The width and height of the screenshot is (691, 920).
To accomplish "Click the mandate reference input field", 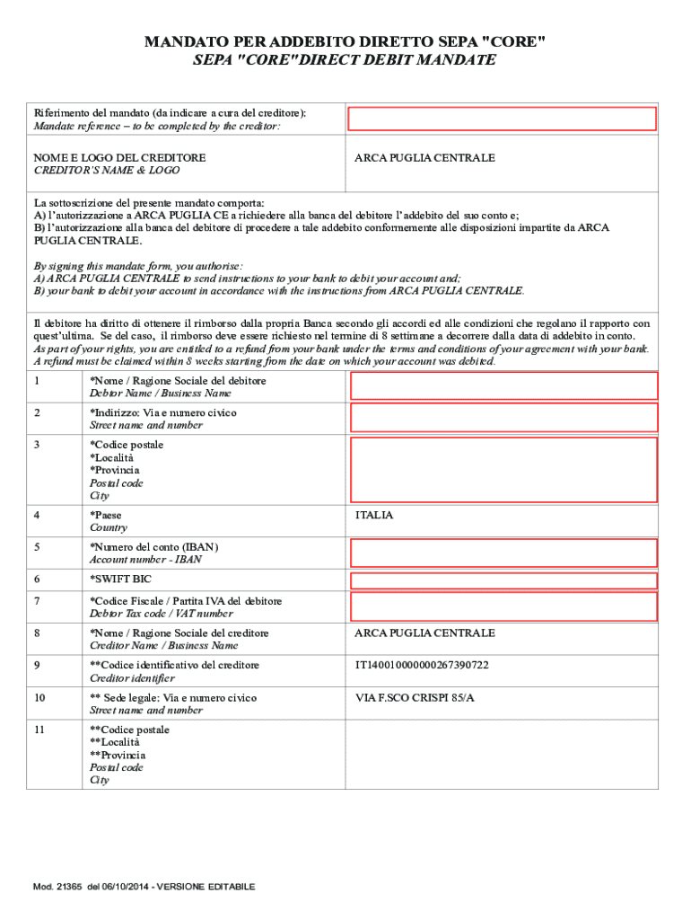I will tap(503, 119).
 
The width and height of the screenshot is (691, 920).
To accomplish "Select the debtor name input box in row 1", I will tap(503, 386).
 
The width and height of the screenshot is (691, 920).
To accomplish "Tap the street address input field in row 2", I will tap(503, 418).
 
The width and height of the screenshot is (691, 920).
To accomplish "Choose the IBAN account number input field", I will tap(503, 553).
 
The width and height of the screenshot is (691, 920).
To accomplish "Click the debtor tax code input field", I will tap(503, 606).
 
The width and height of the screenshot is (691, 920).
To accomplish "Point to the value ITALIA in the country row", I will tap(374, 516).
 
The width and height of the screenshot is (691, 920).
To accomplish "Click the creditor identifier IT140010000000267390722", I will tap(422, 666).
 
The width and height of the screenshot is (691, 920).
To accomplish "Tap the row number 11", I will tap(39, 730).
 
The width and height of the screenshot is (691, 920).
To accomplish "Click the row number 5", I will tap(37, 547).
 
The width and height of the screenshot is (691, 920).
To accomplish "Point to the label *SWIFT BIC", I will tap(121, 579).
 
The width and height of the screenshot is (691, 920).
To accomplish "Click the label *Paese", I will tap(106, 516).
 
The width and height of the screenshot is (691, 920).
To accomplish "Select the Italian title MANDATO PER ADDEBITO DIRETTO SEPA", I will tap(345, 42).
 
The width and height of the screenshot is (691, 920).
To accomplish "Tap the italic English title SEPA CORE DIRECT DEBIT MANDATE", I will tap(345, 60).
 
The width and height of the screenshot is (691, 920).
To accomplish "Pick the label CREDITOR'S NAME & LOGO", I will tap(107, 170).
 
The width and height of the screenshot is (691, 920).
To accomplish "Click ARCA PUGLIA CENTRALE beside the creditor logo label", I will tap(424, 158).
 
